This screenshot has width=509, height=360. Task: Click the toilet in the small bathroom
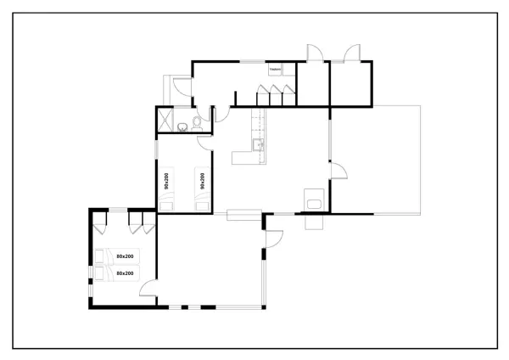point(196,123)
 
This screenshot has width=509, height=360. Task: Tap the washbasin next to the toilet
point(182,127)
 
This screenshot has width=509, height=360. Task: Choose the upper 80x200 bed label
point(126,256)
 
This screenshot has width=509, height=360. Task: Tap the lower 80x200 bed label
point(126,273)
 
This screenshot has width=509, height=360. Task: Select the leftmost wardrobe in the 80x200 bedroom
point(101,223)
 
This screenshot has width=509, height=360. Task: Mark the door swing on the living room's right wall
point(338,172)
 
